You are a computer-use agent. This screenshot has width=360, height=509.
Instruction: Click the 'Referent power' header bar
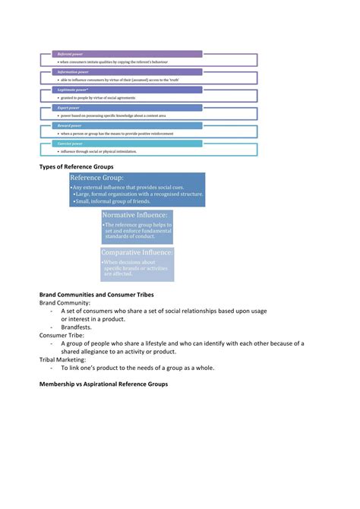pyautogui.click(x=126, y=54)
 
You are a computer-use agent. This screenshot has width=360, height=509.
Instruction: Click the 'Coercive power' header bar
pyautogui.click(x=126, y=143)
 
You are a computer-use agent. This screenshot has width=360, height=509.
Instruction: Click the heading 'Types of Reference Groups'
pyautogui.click(x=76, y=166)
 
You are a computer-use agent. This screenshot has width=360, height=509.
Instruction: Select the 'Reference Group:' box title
pyautogui.click(x=97, y=178)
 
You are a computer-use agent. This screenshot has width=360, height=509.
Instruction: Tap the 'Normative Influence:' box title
pyautogui.click(x=135, y=216)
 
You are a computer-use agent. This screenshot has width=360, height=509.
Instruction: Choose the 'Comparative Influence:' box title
pyautogui.click(x=137, y=252)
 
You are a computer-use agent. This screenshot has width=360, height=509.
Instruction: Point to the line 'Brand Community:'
pyautogui.click(x=65, y=302)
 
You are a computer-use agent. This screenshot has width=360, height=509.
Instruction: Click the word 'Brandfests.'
pyautogui.click(x=77, y=327)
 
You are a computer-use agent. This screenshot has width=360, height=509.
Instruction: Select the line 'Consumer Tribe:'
pyautogui.click(x=62, y=335)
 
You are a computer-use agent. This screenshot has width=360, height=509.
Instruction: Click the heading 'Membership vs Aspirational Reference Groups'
pyautogui.click(x=103, y=384)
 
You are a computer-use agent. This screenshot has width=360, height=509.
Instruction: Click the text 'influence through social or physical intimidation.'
pyautogui.click(x=98, y=152)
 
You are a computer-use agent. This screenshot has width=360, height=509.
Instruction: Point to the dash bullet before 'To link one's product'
pyautogui.click(x=52, y=368)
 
